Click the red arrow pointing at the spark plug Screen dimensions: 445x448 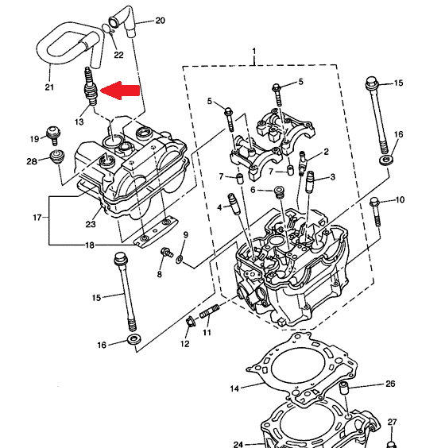coord(120,91)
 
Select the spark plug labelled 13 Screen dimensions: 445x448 coord(91,87)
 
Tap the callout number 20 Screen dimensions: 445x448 coord(160,21)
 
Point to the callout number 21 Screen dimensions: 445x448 coord(49,87)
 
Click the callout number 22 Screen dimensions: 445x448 coord(118,55)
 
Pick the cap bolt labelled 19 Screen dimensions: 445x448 coord(53,135)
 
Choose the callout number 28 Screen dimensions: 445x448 coord(32,161)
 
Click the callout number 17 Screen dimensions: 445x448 coord(37,218)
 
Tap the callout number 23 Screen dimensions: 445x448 coord(91,224)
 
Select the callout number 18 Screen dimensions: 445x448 coord(90,245)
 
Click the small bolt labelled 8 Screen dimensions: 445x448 coord(167,253)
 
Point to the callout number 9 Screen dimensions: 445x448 coord(186,235)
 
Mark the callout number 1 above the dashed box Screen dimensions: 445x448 coord(254,52)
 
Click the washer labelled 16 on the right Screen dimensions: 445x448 coord(386,160)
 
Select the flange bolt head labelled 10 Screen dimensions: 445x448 coord(374,203)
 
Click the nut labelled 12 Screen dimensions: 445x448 coord(189,322)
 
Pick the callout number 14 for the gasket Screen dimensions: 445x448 coord(234,388)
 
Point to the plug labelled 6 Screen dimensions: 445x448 coord(279,192)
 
